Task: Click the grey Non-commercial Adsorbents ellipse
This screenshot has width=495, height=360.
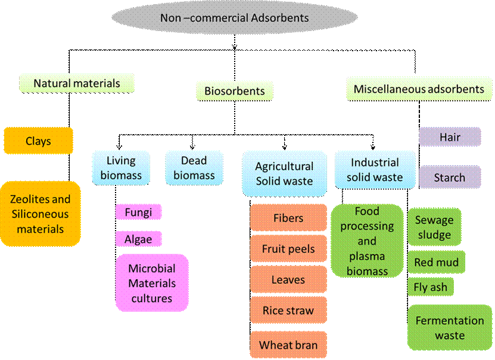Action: pyautogui.click(x=235, y=17)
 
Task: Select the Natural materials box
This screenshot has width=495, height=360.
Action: pyautogui.click(x=77, y=83)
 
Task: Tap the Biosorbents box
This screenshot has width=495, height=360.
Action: pyautogui.click(x=235, y=91)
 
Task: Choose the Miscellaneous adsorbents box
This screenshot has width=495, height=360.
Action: pyautogui.click(x=419, y=89)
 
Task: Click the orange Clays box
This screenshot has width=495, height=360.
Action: pyautogui.click(x=38, y=141)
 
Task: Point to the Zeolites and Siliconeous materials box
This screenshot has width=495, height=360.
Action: pyautogui.click(x=41, y=214)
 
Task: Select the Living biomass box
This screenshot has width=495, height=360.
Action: pyautogui.click(x=121, y=167)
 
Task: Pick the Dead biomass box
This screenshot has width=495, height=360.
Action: pyautogui.click(x=194, y=167)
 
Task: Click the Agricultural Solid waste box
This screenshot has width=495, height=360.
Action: pyautogui.click(x=285, y=173)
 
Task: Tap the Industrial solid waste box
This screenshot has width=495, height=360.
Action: pyautogui.click(x=375, y=170)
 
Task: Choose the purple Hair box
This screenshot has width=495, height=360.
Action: pyautogui.click(x=450, y=137)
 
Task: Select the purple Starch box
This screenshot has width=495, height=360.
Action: pyautogui.click(x=450, y=177)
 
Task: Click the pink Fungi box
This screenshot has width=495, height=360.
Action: pyautogui.click(x=139, y=212)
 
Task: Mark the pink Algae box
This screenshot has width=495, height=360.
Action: pyautogui.click(x=139, y=239)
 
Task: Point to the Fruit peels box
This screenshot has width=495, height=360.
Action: pyautogui.click(x=288, y=249)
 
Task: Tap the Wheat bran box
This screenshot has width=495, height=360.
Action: pyautogui.click(x=288, y=345)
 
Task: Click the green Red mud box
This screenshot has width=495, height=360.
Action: pyautogui.click(x=436, y=262)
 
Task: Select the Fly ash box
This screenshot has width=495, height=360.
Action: pyautogui.click(x=431, y=287)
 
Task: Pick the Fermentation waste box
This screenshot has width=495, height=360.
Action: pyautogui.click(x=450, y=327)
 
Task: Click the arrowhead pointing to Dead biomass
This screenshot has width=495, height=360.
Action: pyautogui.click(x=192, y=147)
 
